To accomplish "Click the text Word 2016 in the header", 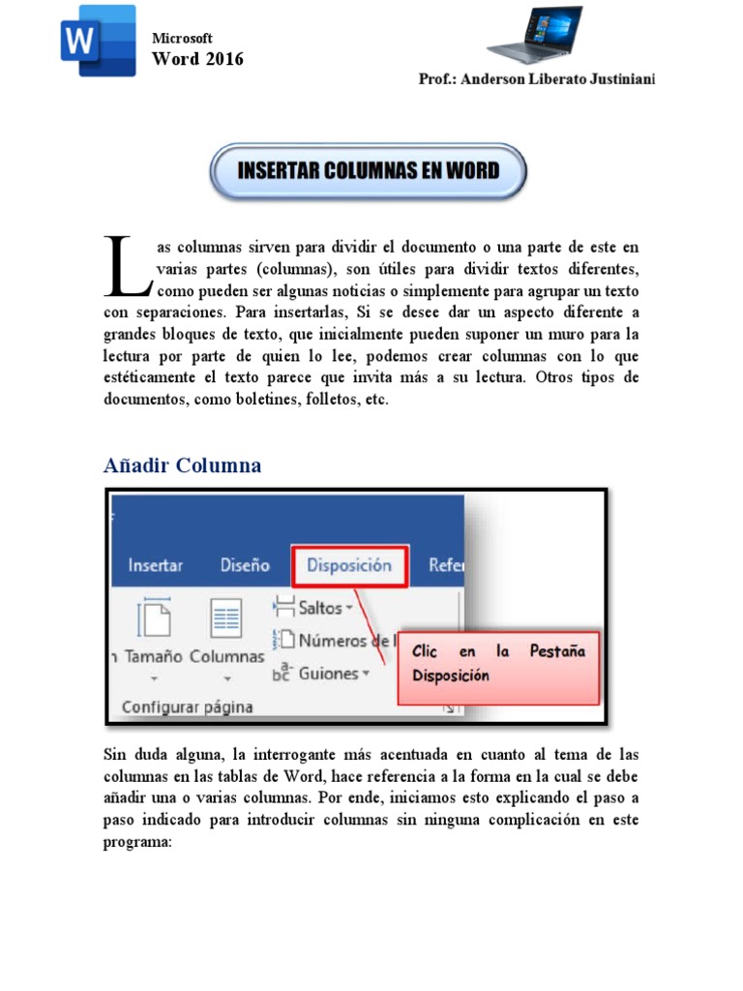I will (198, 59).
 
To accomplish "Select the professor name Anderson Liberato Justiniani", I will (537, 78).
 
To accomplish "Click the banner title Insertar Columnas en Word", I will (369, 171).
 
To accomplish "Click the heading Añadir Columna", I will (182, 465).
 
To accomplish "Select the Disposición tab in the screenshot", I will (349, 565).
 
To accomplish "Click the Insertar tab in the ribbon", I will (155, 565).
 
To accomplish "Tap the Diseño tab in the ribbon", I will (245, 565).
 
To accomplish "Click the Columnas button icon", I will (226, 620).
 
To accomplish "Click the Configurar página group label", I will (187, 706).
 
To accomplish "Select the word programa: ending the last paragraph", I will (137, 841).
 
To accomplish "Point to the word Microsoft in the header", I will (183, 38).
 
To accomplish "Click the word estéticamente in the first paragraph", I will (158, 378).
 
